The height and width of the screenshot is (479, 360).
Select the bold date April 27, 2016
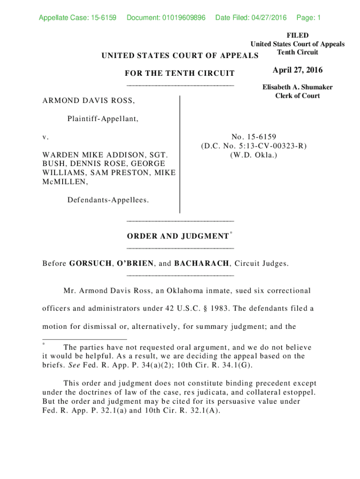coord(298,70)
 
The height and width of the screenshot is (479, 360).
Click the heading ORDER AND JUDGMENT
coord(178,236)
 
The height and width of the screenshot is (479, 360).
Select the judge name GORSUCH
coord(90,263)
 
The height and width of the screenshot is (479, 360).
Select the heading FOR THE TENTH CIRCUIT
coord(180,73)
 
